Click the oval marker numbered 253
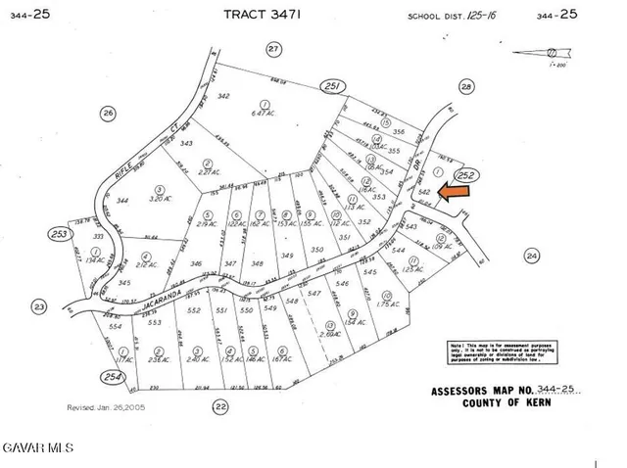(x=64, y=235)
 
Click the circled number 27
(x=274, y=49)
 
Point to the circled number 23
(x=39, y=306)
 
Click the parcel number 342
(x=223, y=96)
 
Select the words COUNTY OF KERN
(x=499, y=404)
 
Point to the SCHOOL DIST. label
(x=440, y=17)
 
